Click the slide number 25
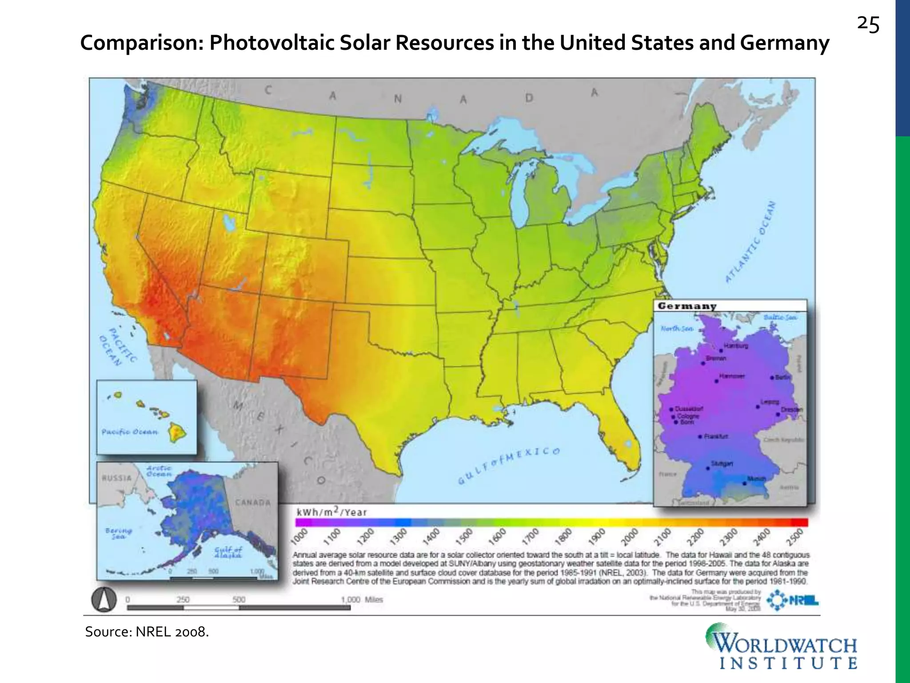tap(868, 25)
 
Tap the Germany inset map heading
tap(687, 306)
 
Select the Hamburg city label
tap(736, 346)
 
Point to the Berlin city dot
tap(772, 378)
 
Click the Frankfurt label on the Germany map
tap(716, 436)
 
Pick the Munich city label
tap(756, 478)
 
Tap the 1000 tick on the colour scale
tap(301, 536)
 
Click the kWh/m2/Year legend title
tap(331, 512)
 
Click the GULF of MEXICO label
tap(509, 465)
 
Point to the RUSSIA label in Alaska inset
tap(117, 478)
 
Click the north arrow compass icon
tap(104, 600)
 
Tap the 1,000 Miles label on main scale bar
tap(362, 599)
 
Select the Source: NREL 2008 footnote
tap(147, 631)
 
